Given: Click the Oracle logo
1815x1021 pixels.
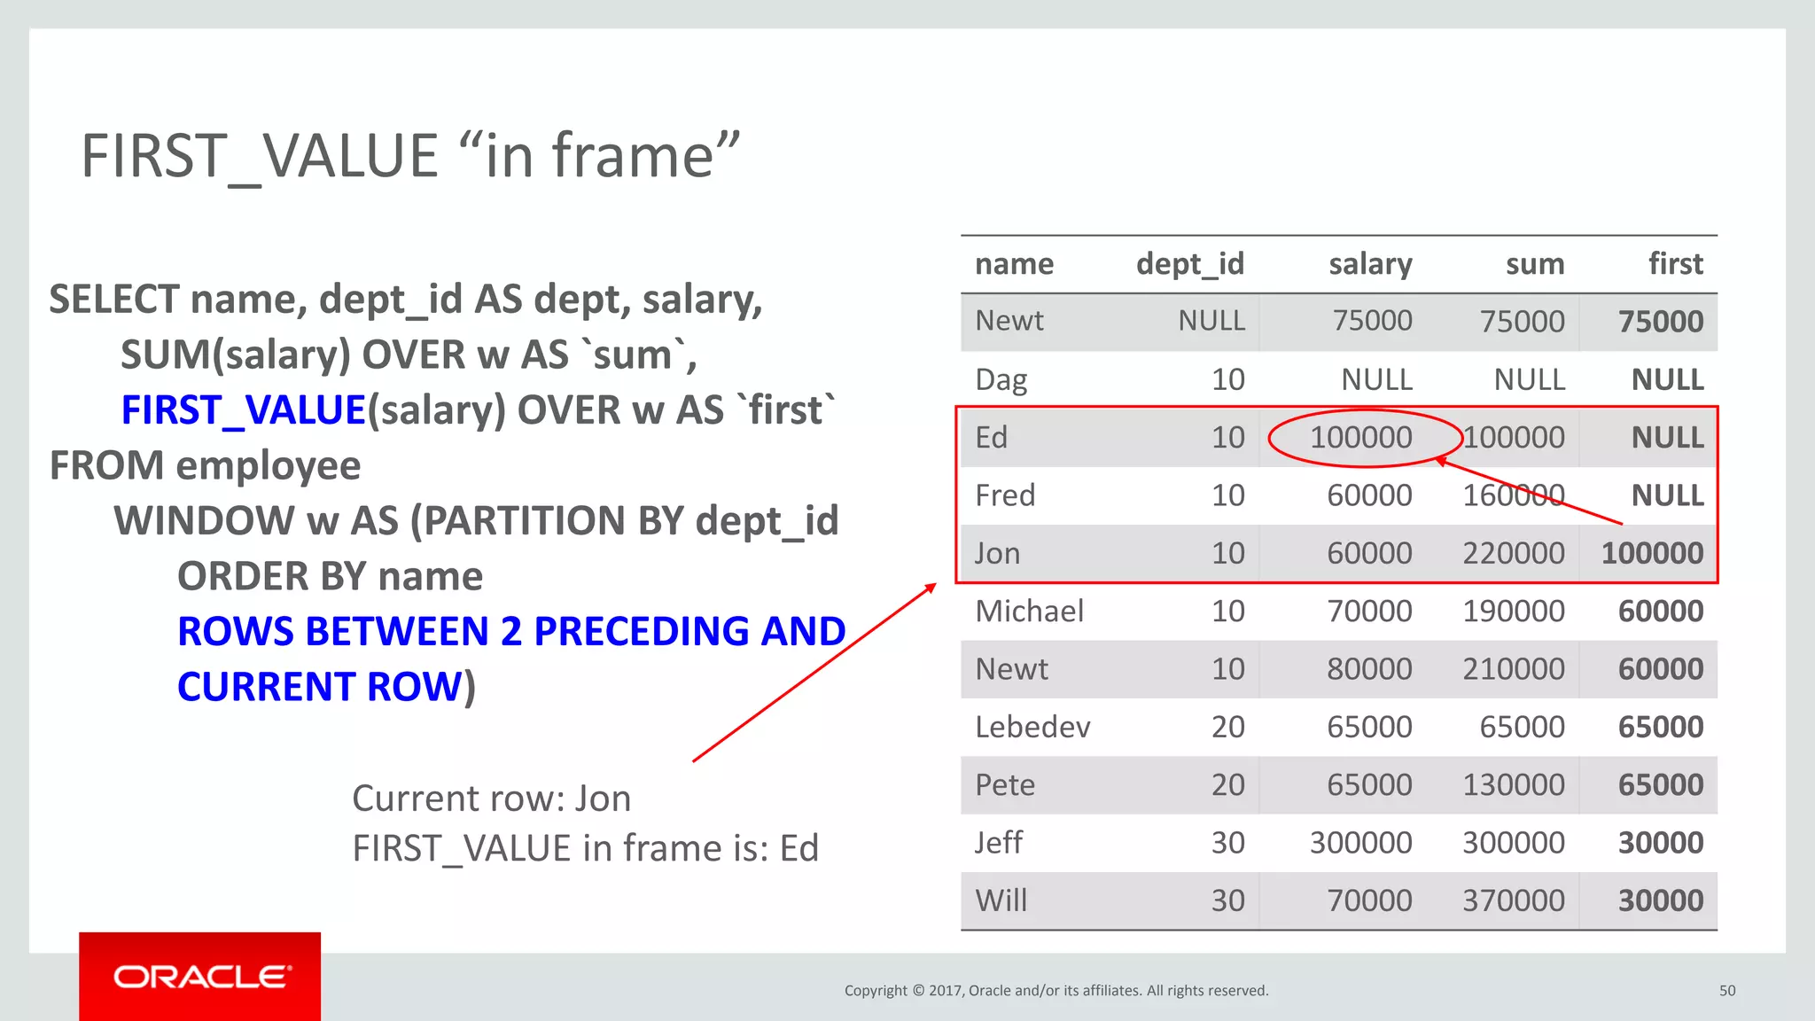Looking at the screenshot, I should [200, 977].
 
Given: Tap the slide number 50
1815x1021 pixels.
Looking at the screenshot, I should [1726, 991].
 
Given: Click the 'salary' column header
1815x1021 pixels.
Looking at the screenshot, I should [1369, 264].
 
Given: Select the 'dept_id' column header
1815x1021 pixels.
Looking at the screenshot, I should [1189, 264].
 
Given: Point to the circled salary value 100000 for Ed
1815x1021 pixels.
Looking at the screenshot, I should [1361, 438].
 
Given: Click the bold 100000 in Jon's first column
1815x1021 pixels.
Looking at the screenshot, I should [1652, 554].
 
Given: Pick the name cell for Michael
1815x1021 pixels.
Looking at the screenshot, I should [1029, 612].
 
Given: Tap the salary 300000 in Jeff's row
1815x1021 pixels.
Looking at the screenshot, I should [1360, 843].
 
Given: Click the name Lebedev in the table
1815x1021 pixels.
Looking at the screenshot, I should [1032, 728].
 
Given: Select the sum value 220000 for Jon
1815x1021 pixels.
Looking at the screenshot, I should [1513, 554].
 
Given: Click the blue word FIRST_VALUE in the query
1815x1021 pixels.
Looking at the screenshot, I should [243, 410].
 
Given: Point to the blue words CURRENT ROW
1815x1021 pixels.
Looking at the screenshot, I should [320, 687].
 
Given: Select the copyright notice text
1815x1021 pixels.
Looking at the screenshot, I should [1056, 991].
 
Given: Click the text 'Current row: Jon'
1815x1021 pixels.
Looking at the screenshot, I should [491, 799].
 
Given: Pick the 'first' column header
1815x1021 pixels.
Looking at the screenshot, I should [1675, 264].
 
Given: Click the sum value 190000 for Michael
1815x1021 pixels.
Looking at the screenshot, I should [1513, 612].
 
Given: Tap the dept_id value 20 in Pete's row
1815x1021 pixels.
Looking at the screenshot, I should [1227, 785].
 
